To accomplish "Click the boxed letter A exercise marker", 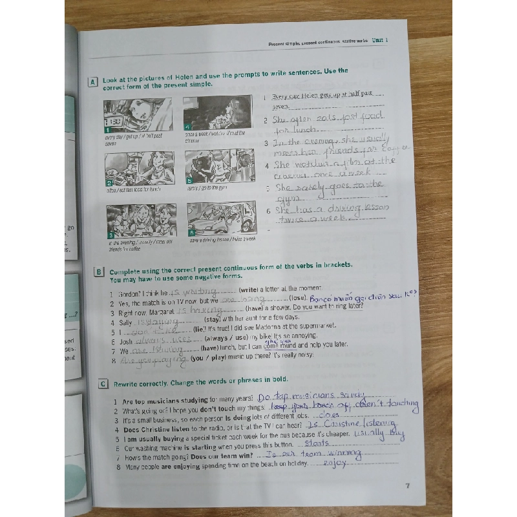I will click(93, 81).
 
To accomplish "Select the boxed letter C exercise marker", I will click(103, 384).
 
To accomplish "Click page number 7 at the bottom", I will click(406, 487).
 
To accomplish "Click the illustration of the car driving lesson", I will click(221, 220).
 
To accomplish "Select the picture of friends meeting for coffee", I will click(142, 222).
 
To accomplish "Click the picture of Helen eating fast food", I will click(140, 168).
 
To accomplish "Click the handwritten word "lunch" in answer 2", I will click(308, 130).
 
